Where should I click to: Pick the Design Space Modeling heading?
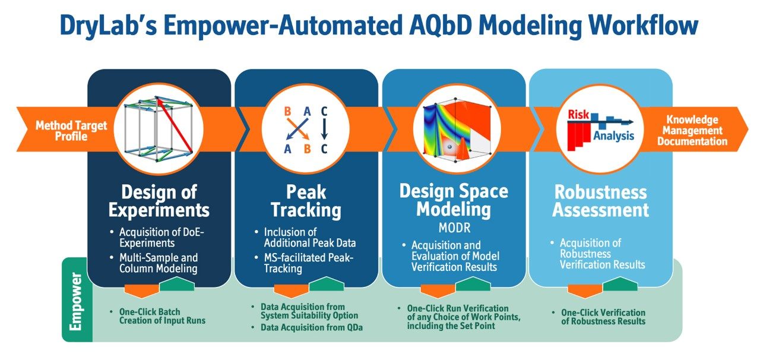[454, 200]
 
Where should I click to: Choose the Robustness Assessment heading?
[600, 201]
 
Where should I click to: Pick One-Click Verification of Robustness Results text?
[603, 317]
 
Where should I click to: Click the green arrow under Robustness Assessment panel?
[619, 285]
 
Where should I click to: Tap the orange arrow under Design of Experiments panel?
[141, 289]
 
